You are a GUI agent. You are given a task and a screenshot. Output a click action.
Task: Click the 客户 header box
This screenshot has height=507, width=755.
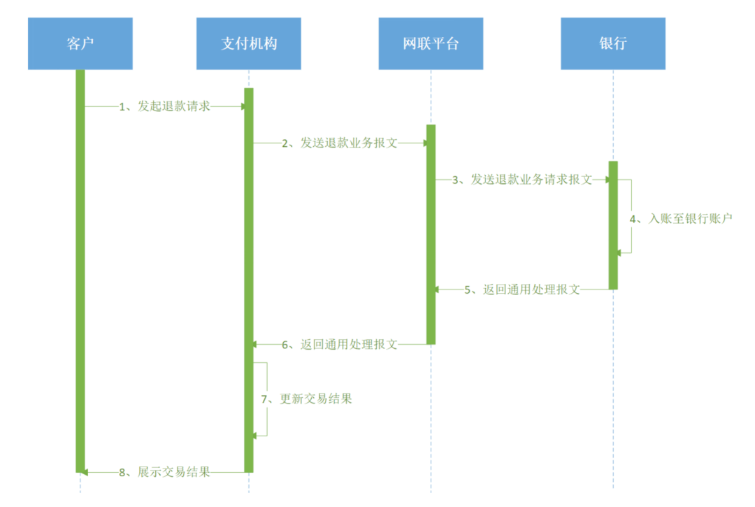click(x=80, y=43)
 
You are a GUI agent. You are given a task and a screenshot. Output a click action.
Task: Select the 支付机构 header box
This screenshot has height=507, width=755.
click(x=248, y=43)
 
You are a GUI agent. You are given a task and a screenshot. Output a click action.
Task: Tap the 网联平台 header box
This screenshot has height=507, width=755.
click(x=431, y=43)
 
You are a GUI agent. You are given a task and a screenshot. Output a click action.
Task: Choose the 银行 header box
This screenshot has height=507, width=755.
click(x=612, y=43)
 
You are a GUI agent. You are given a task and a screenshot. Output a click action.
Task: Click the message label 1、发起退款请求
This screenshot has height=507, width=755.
click(x=164, y=106)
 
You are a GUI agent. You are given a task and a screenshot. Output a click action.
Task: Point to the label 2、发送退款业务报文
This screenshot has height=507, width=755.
click(x=340, y=143)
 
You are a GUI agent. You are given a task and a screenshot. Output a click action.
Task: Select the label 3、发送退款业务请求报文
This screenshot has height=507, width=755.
click(x=522, y=180)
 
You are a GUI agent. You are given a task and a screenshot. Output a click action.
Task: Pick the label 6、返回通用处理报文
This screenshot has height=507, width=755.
click(x=340, y=344)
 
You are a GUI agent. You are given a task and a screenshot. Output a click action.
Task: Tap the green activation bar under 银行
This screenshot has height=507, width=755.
click(x=613, y=224)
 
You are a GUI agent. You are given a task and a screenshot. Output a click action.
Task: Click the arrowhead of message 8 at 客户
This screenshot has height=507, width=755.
click(x=84, y=472)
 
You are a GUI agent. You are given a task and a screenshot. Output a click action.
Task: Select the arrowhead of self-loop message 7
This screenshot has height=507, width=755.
click(x=255, y=435)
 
